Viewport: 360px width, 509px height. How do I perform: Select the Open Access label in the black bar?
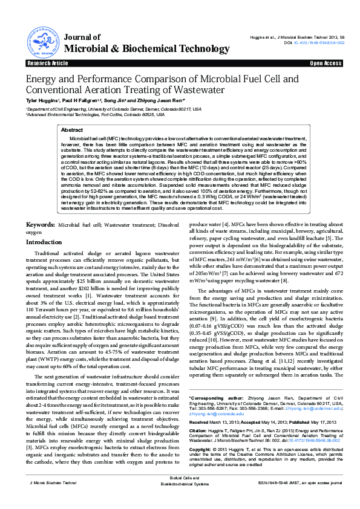(x=326, y=63)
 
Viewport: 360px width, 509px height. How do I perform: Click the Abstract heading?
(x=73, y=130)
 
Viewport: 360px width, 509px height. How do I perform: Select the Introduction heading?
(x=43, y=241)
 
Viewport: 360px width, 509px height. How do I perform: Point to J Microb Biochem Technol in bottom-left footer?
(x=54, y=500)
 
